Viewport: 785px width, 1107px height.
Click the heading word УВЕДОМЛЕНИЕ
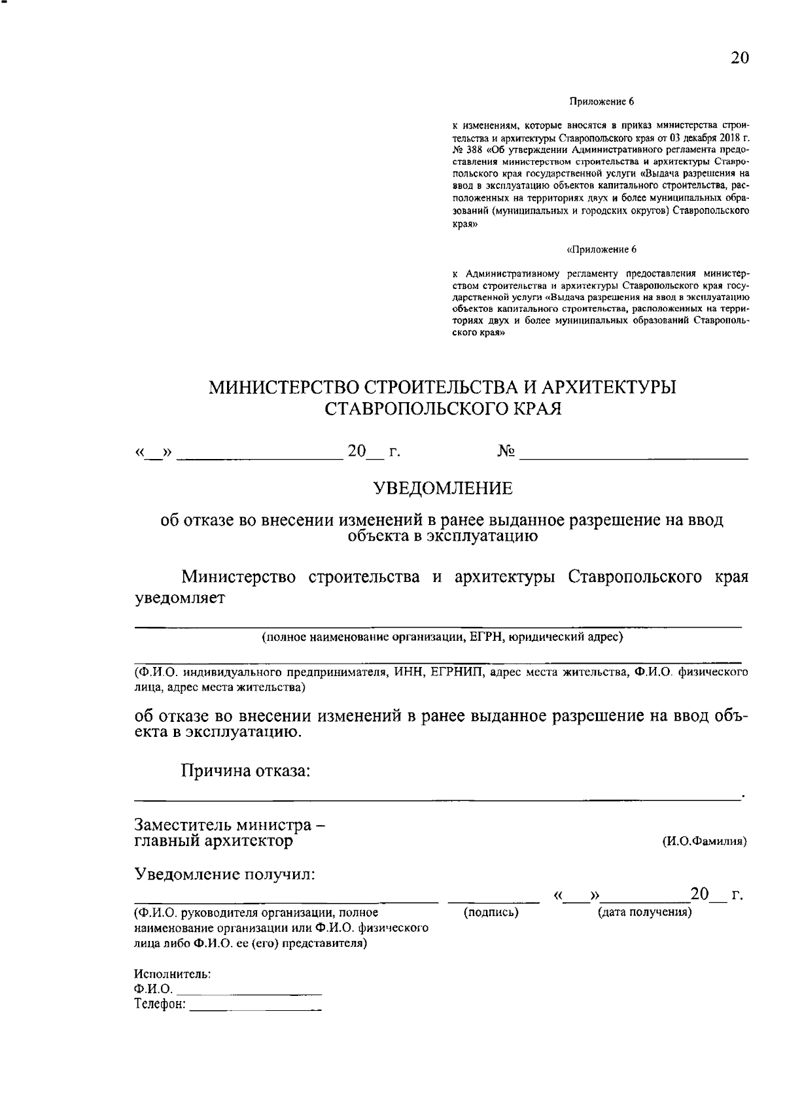click(443, 488)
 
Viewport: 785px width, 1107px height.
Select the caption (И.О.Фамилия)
click(705, 842)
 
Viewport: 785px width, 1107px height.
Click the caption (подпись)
click(491, 912)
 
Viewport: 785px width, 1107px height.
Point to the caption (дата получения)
click(644, 912)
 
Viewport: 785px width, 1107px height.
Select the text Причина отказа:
click(245, 771)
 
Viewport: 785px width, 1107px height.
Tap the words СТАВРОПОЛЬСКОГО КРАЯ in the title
click(443, 409)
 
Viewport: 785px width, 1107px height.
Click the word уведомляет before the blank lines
click(179, 599)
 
